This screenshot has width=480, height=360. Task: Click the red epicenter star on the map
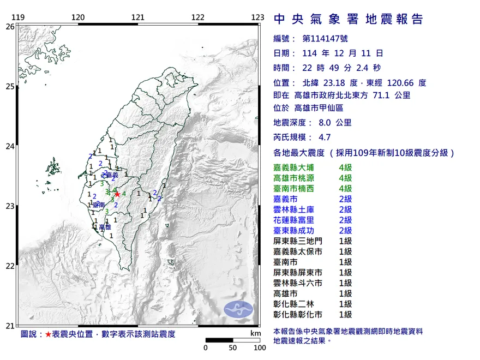117,194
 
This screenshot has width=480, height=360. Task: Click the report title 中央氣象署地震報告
349,20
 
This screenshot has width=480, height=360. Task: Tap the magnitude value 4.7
326,138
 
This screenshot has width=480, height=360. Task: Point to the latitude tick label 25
10,86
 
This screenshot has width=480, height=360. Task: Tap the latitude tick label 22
10,266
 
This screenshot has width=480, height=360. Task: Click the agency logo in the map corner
238,309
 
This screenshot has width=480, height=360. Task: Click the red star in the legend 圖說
48,334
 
